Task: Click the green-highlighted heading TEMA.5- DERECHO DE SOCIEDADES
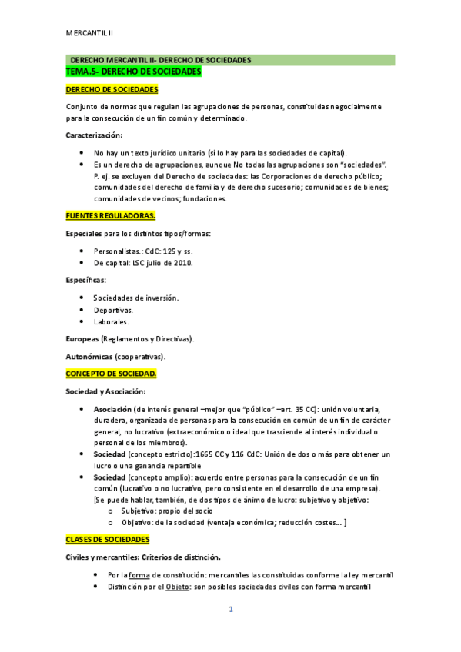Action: tap(134, 72)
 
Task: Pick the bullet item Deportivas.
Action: tap(112, 311)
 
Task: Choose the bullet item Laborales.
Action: tap(112, 323)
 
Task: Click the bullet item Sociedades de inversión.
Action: tap(135, 298)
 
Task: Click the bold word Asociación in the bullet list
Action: tap(112, 409)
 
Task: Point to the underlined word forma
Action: tap(139, 575)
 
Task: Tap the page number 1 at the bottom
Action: tap(230, 610)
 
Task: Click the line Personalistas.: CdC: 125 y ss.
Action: tap(142, 251)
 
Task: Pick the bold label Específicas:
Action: tap(86, 281)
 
